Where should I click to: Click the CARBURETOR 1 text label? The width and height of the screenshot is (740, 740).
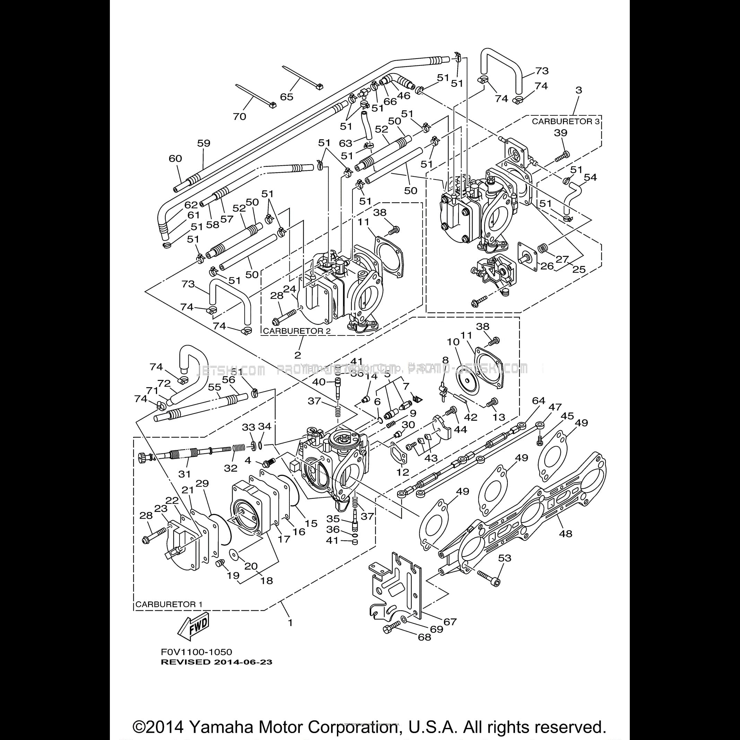(x=168, y=604)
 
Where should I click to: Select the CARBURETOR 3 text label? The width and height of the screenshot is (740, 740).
(x=565, y=121)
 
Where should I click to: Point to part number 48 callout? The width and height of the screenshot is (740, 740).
(x=565, y=533)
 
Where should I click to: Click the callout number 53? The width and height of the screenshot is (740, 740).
(x=504, y=558)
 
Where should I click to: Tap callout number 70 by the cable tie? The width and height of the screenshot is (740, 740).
(x=240, y=116)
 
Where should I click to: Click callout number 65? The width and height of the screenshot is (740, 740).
(x=287, y=96)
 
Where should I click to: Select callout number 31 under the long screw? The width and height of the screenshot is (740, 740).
(x=185, y=474)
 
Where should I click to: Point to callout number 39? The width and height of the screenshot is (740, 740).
(x=560, y=133)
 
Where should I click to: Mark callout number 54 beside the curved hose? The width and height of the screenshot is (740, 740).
(x=590, y=177)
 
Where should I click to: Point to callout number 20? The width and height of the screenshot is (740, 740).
(x=251, y=566)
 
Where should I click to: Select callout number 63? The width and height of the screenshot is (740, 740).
(x=346, y=143)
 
